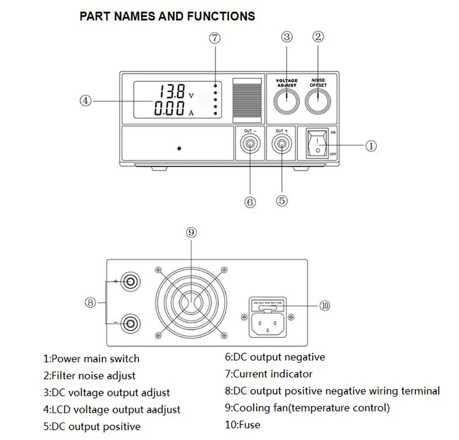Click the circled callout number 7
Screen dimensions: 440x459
click(215, 38)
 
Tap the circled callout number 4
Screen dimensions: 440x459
click(85, 101)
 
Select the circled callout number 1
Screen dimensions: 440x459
click(371, 146)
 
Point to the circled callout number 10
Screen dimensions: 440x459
click(325, 305)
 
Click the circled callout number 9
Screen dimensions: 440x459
click(191, 232)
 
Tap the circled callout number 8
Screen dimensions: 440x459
click(90, 302)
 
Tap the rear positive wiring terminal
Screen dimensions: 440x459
click(130, 281)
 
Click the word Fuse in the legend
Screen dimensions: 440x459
click(249, 425)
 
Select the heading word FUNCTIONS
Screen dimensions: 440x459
click(221, 17)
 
